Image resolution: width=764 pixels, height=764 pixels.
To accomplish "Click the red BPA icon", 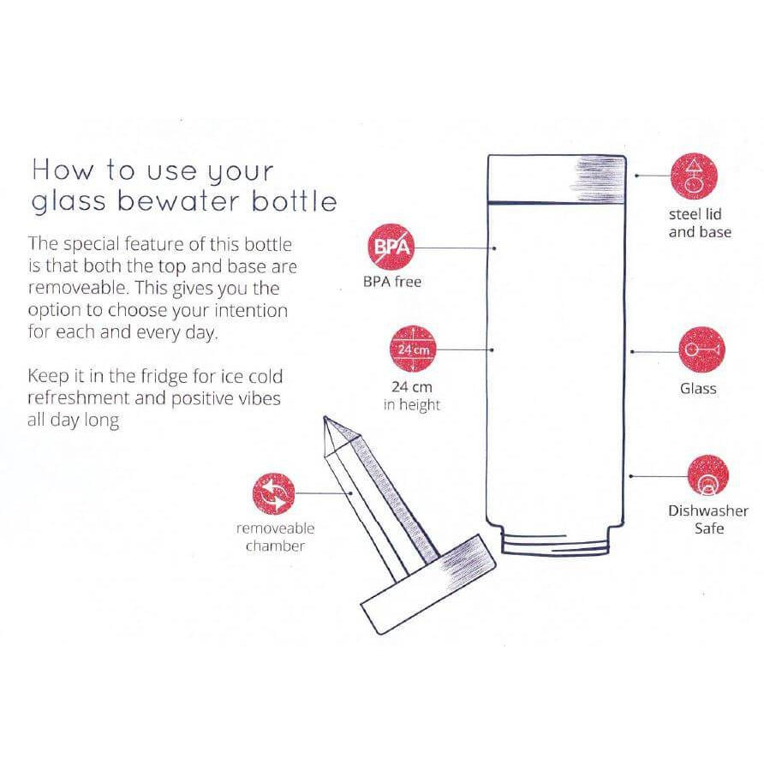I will click(391, 248).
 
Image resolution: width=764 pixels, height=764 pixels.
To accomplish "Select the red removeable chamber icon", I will click(274, 495).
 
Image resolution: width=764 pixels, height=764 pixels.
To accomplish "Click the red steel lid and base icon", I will click(695, 175).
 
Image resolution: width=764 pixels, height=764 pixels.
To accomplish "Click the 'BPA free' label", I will click(392, 282).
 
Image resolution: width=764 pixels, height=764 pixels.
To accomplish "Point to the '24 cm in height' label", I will click(412, 395).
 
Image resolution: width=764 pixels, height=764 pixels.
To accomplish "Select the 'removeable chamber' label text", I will click(275, 537).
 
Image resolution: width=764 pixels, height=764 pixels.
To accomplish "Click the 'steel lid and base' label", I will click(700, 223).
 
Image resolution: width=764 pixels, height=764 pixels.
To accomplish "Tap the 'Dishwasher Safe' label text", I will click(708, 520).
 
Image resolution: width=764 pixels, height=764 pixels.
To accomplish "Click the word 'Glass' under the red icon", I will click(698, 388).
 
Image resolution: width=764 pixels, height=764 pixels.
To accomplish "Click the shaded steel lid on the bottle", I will click(560, 178).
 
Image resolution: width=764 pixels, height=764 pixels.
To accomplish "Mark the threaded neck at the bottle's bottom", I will click(558, 543).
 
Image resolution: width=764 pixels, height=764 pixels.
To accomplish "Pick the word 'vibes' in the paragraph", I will click(256, 398).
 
